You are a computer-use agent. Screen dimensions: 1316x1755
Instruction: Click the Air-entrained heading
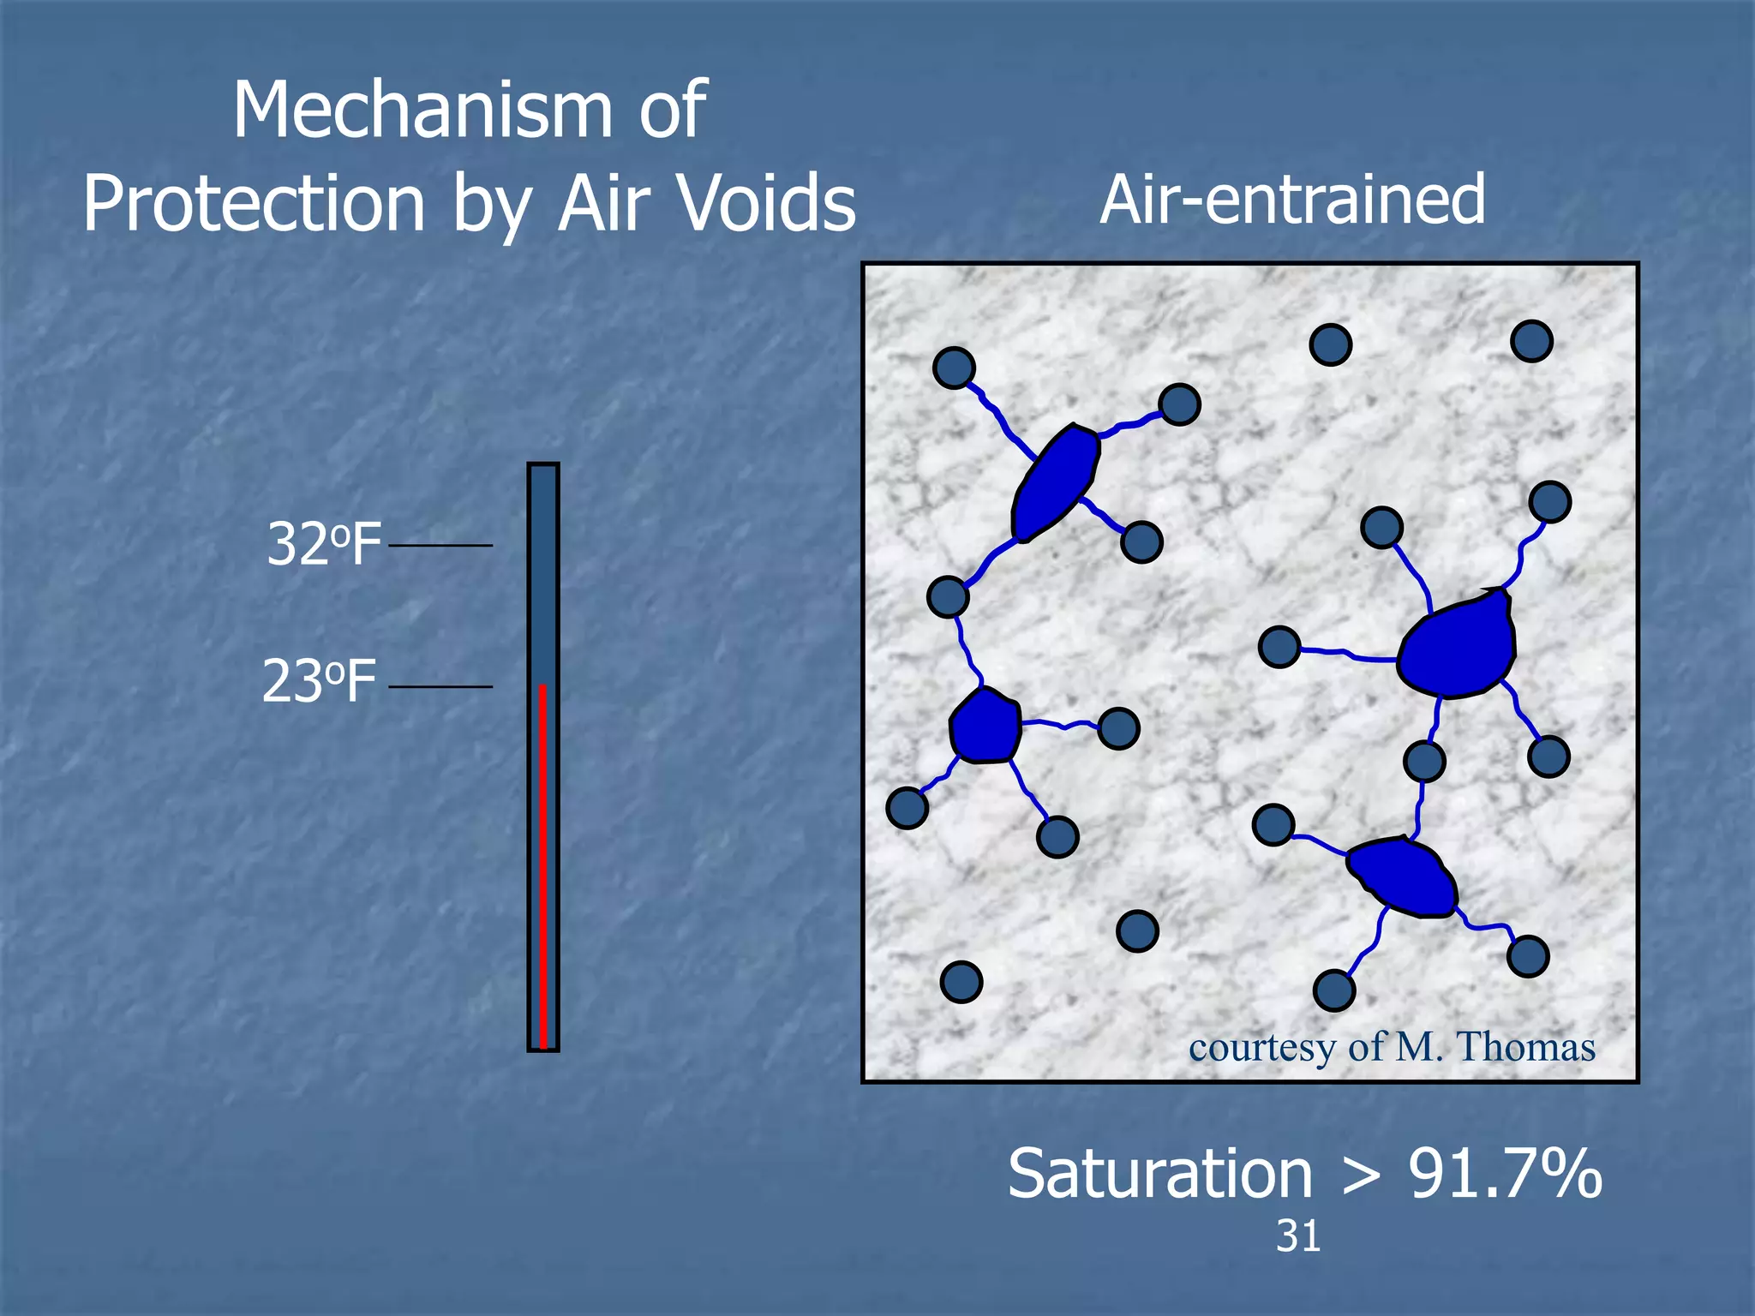point(1292,199)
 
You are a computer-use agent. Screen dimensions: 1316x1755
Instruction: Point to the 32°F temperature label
point(323,544)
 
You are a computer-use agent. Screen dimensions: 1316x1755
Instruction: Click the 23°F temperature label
point(319,683)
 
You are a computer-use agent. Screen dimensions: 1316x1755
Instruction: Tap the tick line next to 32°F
point(440,545)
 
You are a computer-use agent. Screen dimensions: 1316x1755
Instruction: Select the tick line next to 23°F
point(440,686)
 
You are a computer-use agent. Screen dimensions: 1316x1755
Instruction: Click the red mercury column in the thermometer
point(542,865)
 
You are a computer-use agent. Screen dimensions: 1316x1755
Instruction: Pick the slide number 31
point(1297,1236)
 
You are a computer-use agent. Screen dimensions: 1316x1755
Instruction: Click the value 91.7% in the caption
point(1505,1174)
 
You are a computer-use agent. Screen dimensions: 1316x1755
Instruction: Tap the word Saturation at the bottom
point(1159,1174)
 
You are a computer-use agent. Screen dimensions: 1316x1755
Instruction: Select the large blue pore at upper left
point(1055,482)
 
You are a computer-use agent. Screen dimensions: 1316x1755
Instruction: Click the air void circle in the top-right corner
point(1531,341)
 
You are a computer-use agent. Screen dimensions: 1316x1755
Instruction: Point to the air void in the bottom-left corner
point(961,982)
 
